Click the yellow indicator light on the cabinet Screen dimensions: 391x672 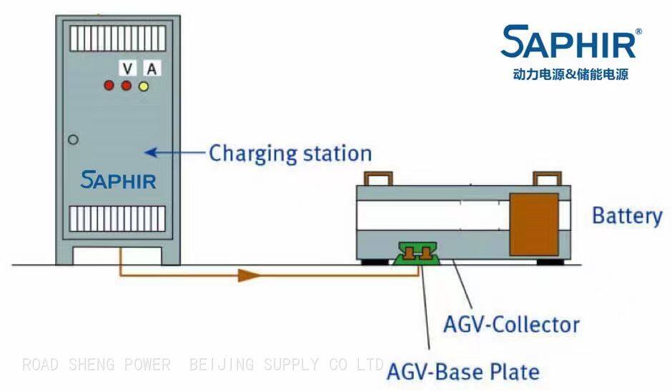144,86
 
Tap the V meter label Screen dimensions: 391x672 127,69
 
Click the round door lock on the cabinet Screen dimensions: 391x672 73,140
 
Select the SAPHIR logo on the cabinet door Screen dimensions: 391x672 118,180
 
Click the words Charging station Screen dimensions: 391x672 290,153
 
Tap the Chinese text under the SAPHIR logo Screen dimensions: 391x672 570,74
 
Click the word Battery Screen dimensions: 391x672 627,215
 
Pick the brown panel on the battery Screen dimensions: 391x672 534,222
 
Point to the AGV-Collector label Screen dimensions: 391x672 511,325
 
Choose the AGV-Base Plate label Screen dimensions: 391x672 463,372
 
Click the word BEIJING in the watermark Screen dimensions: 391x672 222,365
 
